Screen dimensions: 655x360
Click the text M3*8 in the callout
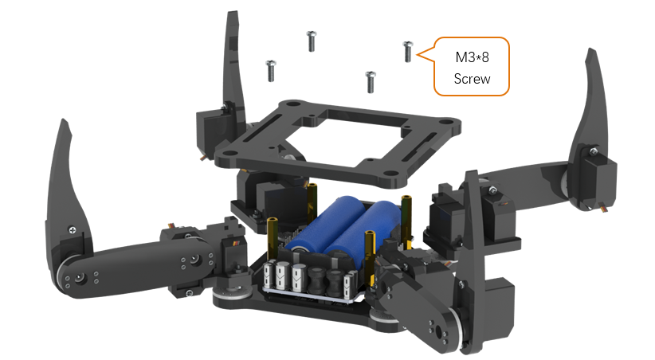pos(472,57)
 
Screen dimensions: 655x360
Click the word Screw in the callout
pos(472,79)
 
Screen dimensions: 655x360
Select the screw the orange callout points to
pos(408,51)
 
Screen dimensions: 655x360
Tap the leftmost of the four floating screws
pos(271,71)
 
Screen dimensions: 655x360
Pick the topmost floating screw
pos(312,41)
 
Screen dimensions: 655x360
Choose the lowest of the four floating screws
pos(371,81)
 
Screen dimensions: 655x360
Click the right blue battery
pos(363,234)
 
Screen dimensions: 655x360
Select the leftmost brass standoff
pos(273,238)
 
